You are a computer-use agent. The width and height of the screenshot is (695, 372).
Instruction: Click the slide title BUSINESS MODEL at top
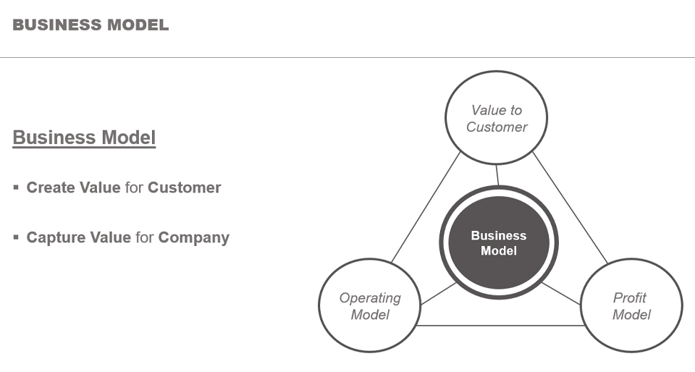pos(90,25)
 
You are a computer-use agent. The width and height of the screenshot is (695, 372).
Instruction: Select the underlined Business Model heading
pos(84,138)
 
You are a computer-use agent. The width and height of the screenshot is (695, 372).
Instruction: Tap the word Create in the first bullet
pos(50,187)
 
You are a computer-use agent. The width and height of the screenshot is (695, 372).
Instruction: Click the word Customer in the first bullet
pos(185,187)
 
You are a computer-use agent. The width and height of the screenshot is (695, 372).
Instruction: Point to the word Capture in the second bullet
pos(56,237)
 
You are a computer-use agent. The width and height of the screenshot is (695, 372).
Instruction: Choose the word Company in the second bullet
pos(194,237)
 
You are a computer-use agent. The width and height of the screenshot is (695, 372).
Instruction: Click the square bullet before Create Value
pos(16,187)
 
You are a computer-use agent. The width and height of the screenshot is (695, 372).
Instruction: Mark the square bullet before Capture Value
pos(16,237)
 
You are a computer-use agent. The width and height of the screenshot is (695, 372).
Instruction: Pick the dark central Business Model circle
pos(499,242)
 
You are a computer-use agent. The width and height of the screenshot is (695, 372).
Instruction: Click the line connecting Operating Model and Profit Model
pos(500,326)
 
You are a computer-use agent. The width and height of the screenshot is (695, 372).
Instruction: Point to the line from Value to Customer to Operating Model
pos(426,207)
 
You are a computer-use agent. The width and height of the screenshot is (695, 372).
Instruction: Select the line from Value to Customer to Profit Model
pos(570,208)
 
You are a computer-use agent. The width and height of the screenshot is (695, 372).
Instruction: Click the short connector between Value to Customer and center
pos(497,175)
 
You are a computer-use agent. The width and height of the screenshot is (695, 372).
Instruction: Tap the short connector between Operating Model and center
pos(439,294)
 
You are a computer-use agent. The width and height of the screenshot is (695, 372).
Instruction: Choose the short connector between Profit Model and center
pos(560,294)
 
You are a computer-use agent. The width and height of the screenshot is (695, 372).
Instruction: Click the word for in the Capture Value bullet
pos(145,237)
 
